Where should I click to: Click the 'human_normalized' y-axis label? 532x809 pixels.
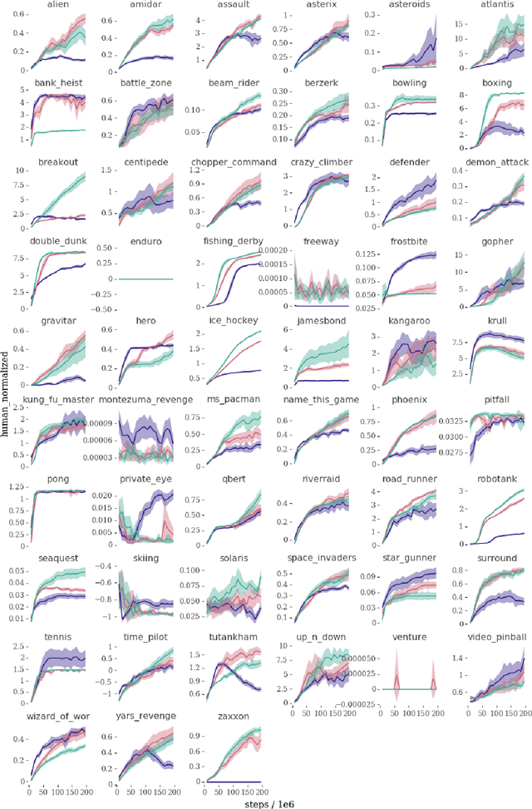[x=6, y=400]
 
